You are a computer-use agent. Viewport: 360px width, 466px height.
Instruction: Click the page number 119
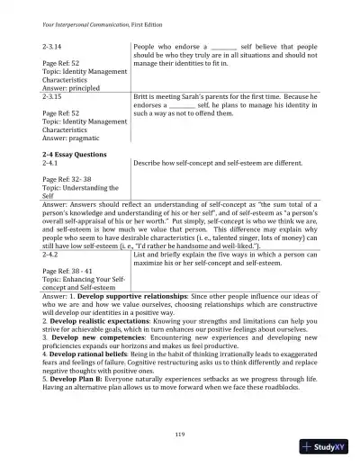pyautogui.click(x=180, y=436)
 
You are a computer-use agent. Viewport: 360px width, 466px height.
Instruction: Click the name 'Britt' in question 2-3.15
pyautogui.click(x=141, y=96)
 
